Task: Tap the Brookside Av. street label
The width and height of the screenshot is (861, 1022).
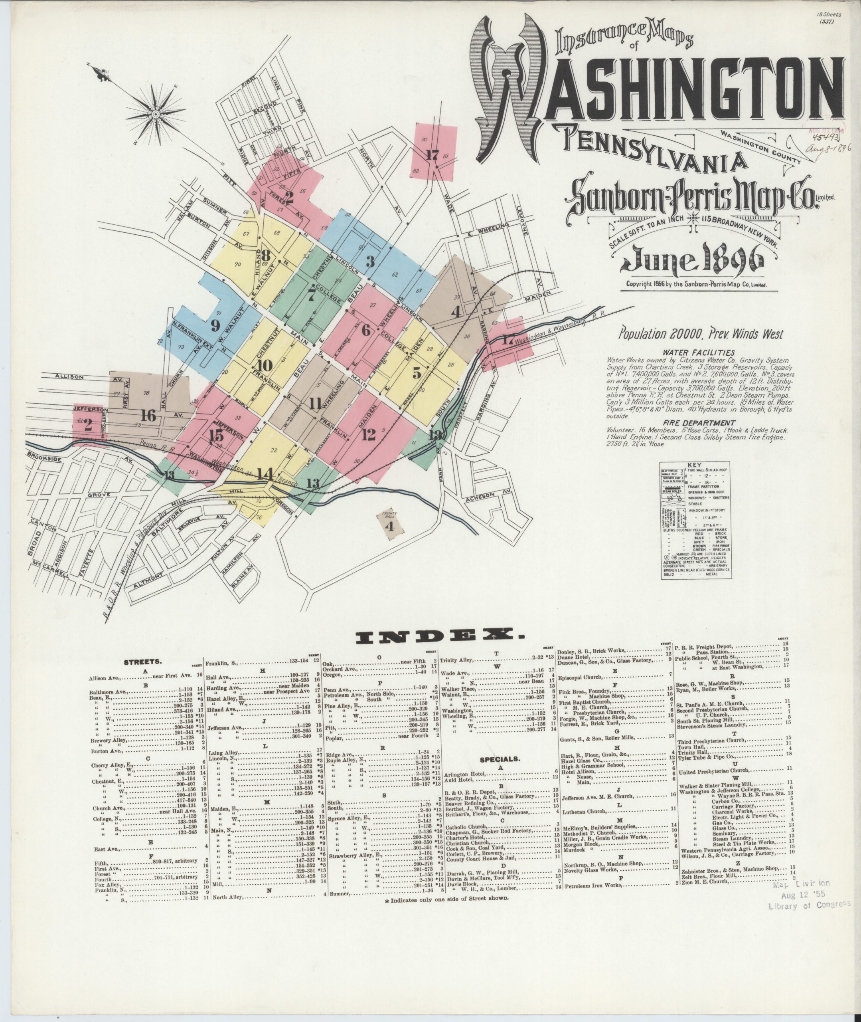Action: [x=45, y=460]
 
